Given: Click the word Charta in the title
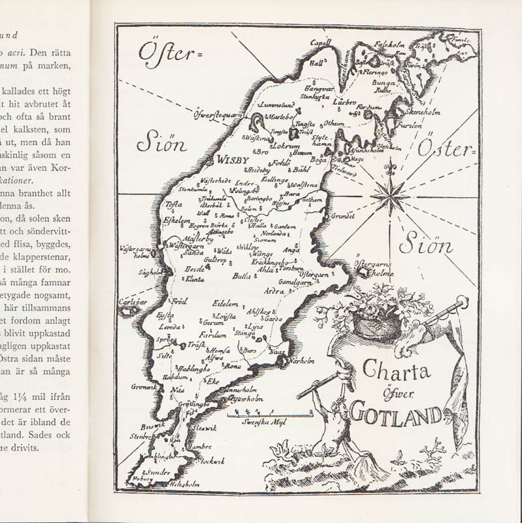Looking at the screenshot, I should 396,372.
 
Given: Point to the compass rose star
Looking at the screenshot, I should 389,195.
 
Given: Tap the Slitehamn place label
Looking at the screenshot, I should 321,142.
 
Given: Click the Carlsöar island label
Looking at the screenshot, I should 131,302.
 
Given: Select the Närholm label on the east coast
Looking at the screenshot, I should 302,360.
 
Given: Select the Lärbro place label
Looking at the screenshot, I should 344,102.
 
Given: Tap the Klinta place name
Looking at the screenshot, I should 194,278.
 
